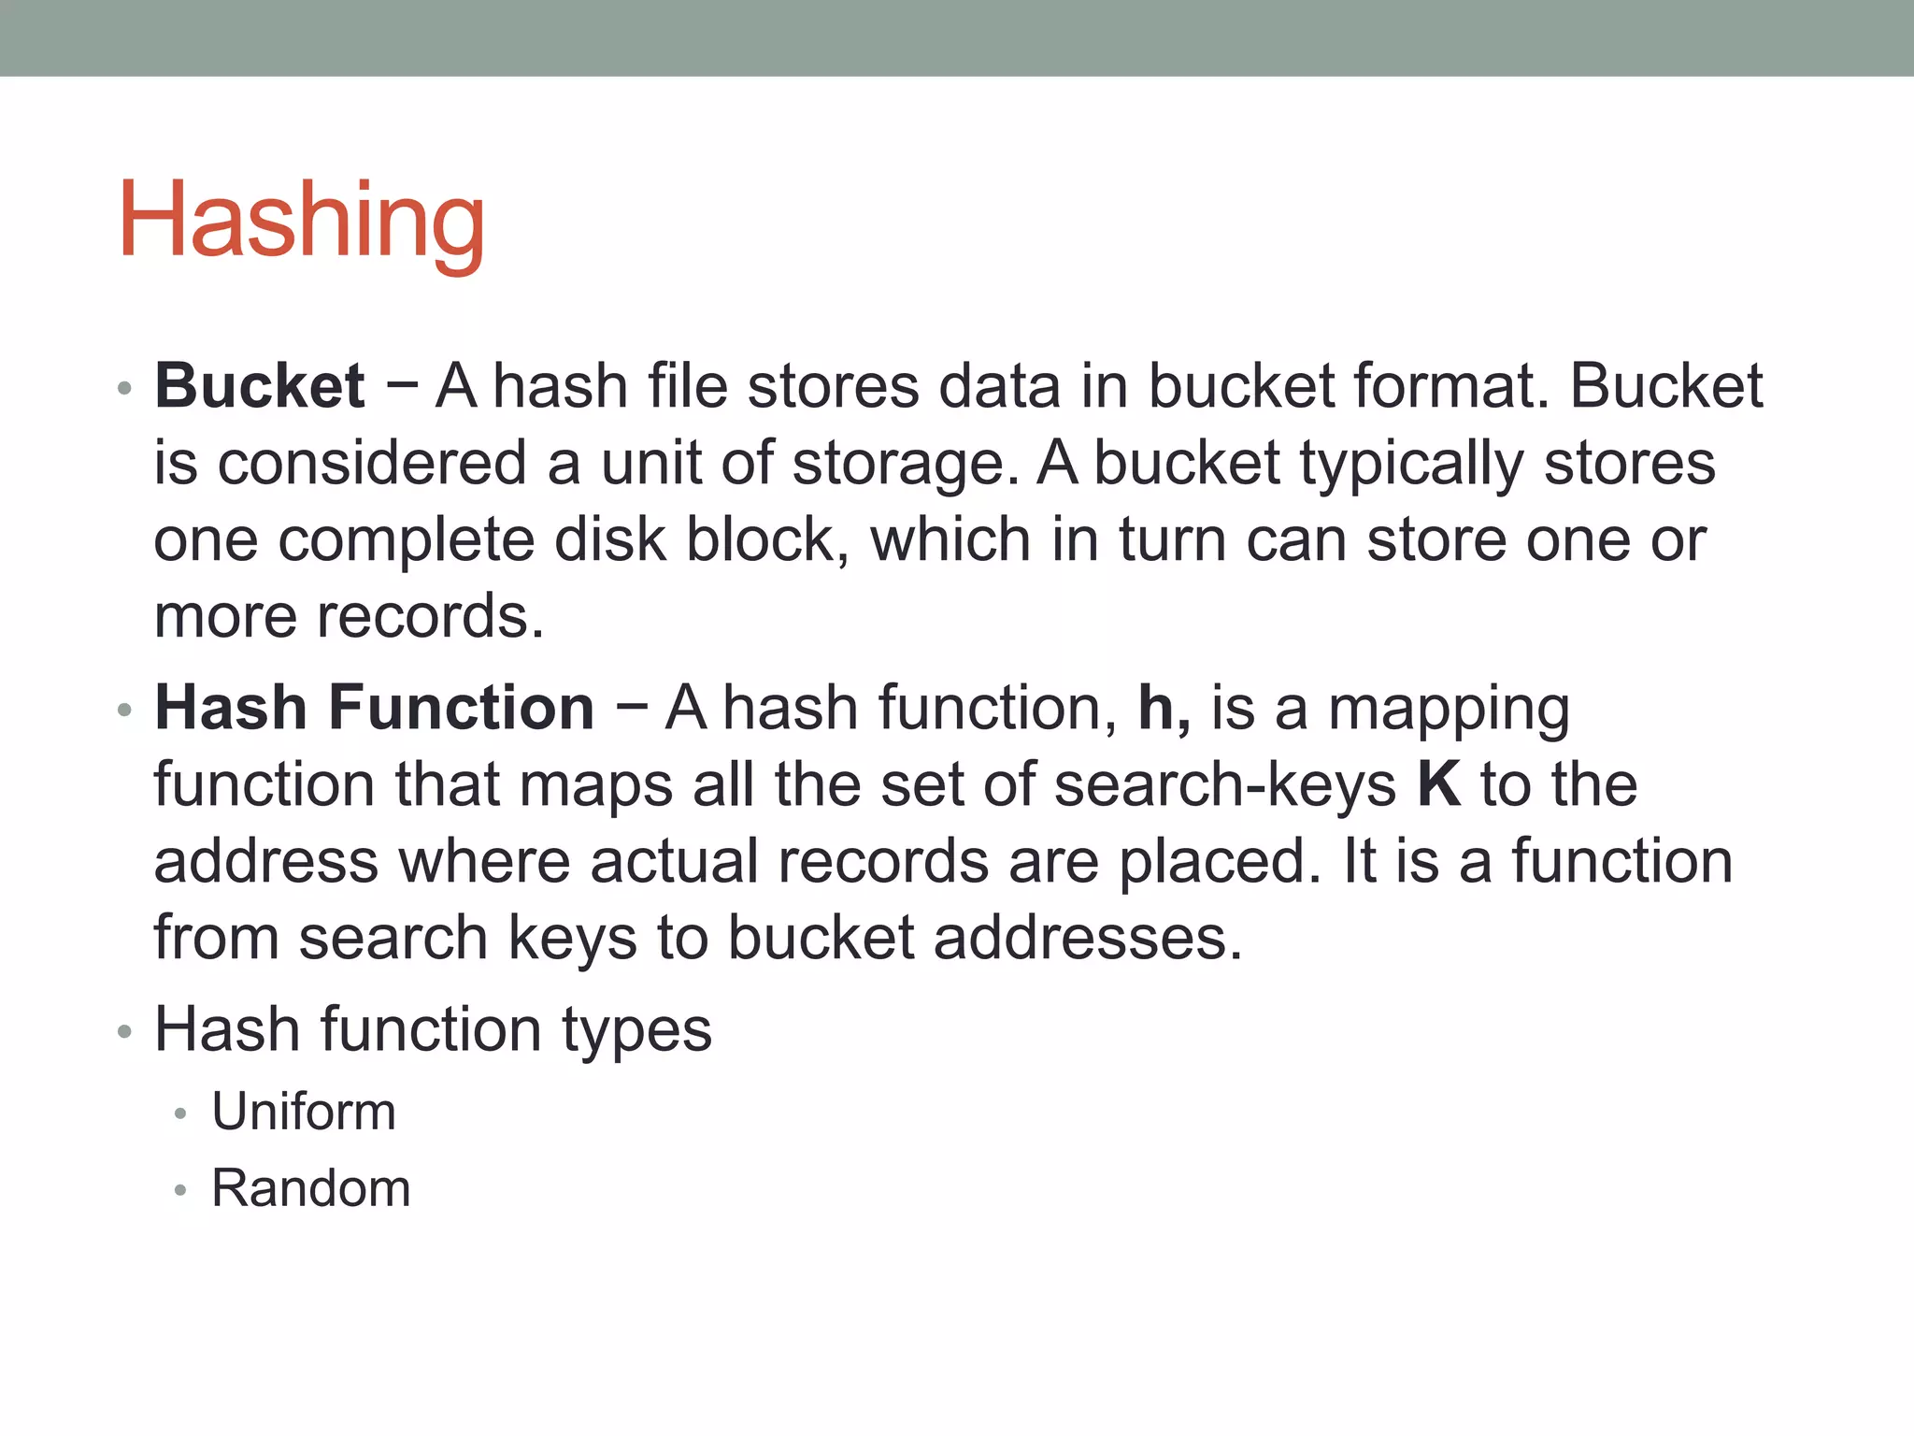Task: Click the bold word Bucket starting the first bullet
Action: (x=260, y=385)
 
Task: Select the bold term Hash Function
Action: (x=374, y=707)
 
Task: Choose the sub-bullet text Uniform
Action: (x=304, y=1112)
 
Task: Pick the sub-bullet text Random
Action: (x=310, y=1188)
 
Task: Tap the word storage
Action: (x=904, y=463)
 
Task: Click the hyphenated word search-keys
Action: (x=1225, y=785)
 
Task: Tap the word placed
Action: (x=1220, y=862)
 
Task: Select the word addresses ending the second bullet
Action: (x=1087, y=938)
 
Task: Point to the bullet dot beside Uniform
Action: (x=180, y=1113)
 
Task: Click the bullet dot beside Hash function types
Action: (x=125, y=1032)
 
